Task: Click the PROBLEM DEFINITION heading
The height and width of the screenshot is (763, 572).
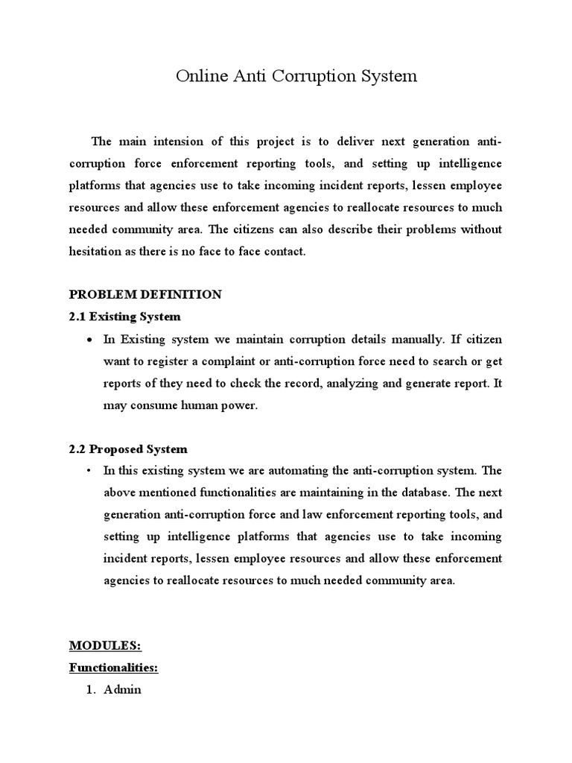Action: [x=145, y=294]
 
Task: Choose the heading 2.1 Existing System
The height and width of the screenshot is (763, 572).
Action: [x=125, y=317]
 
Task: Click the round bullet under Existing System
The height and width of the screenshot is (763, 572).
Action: [x=89, y=340]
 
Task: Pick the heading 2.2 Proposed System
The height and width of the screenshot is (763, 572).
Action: [x=128, y=449]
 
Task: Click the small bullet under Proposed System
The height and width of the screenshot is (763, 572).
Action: [x=89, y=471]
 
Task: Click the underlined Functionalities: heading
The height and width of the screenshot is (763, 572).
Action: [x=114, y=668]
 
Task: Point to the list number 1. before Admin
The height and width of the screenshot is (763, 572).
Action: [x=93, y=690]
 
